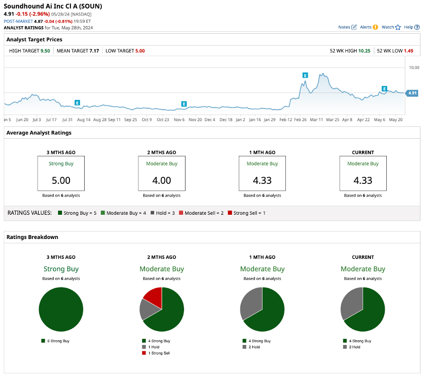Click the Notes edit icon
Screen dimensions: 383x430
tap(354, 28)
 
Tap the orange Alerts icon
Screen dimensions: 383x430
tap(375, 28)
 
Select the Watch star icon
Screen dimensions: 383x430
tap(398, 28)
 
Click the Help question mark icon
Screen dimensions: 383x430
tap(417, 28)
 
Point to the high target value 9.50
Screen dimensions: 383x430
tap(45, 50)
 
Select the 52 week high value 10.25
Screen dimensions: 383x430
tap(364, 50)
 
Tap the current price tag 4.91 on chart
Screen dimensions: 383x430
tap(412, 93)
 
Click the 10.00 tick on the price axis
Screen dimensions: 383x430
tap(414, 67)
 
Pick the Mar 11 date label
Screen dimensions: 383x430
tap(316, 120)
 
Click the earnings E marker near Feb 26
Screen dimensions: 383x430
tap(305, 75)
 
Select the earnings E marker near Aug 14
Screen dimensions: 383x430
tap(77, 103)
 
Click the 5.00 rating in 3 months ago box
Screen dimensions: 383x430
tap(61, 181)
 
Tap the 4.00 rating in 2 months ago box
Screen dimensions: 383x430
tap(162, 181)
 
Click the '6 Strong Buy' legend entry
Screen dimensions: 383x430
tap(58, 341)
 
